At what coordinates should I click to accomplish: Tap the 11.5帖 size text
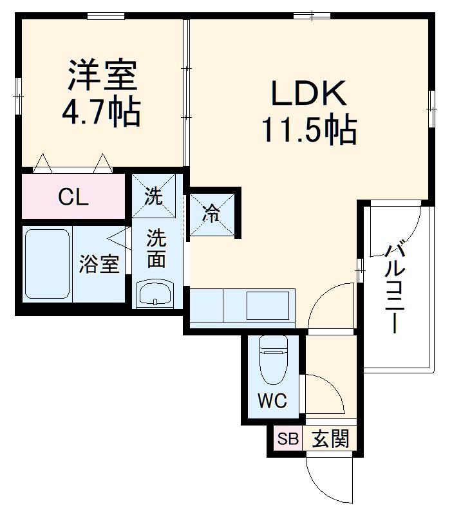coord(308,131)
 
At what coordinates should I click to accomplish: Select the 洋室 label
coord(102,75)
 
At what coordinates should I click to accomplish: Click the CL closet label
coord(73,198)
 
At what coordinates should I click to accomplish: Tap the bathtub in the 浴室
coord(47,265)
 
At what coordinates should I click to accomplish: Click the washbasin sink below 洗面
coord(155,294)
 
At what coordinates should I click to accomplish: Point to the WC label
coord(272,401)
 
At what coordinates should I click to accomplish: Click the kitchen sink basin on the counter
coord(267,305)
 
